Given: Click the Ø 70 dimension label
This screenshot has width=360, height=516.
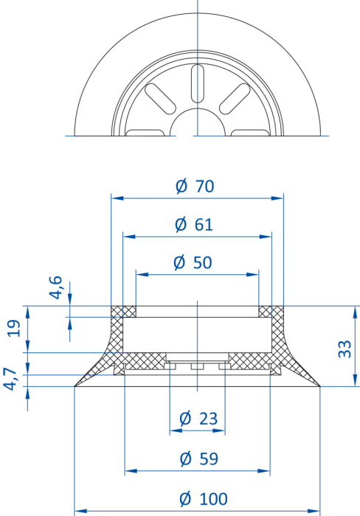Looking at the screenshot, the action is click(x=195, y=186).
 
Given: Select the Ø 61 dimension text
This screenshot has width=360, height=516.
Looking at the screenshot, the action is click(x=194, y=224).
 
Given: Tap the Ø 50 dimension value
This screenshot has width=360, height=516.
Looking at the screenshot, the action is click(x=193, y=262).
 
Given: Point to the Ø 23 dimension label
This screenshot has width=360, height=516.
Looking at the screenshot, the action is click(x=198, y=419).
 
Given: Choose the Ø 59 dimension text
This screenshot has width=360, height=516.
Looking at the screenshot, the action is click(x=199, y=459).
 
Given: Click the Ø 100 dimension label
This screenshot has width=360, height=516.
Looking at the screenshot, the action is click(x=204, y=499).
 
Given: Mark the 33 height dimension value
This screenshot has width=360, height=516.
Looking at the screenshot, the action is click(x=345, y=349).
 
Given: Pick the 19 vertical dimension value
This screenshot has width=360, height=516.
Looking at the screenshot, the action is click(x=14, y=328).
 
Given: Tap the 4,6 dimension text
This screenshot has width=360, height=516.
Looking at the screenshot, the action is click(x=55, y=287).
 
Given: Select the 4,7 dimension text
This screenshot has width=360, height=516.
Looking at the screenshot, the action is click(x=10, y=379).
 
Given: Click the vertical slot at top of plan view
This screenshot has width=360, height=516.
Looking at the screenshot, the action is click(x=198, y=83).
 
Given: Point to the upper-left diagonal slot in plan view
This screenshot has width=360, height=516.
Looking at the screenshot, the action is click(x=160, y=99).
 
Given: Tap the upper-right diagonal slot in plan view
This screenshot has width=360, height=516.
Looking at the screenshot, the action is click(x=235, y=99).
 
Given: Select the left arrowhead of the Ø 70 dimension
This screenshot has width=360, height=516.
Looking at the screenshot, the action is click(x=117, y=198).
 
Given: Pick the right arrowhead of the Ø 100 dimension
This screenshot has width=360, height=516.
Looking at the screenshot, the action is click(x=314, y=511).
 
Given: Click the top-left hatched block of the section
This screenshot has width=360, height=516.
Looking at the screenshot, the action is click(x=123, y=312).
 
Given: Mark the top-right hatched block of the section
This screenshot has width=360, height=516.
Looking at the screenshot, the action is click(x=271, y=312).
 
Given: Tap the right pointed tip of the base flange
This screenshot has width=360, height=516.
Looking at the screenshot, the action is click(x=320, y=386).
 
